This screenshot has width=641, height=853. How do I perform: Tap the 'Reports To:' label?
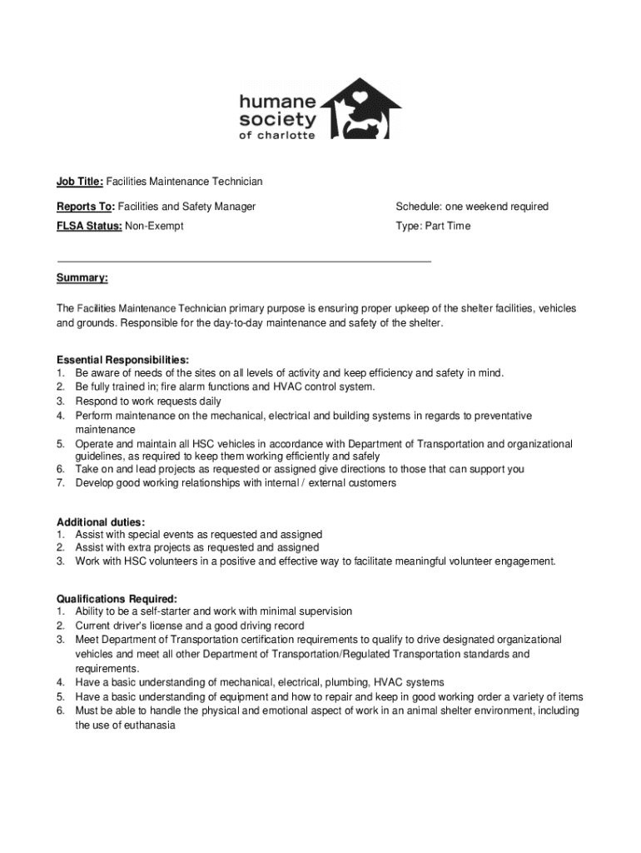pyautogui.click(x=86, y=206)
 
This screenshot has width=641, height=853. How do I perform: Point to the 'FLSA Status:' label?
pyautogui.click(x=89, y=226)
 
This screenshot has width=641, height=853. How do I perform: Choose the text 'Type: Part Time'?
pyautogui.click(x=432, y=226)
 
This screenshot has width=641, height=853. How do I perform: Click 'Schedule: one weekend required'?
pyautogui.click(x=471, y=206)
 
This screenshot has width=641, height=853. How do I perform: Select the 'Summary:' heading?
pyautogui.click(x=82, y=277)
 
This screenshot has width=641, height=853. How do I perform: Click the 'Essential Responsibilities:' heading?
pyautogui.click(x=116, y=359)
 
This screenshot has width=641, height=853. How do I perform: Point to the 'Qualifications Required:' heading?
pyautogui.click(x=116, y=598)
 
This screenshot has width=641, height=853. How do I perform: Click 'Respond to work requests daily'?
pyautogui.click(x=148, y=401)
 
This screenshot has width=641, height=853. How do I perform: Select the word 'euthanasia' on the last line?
pyautogui.click(x=150, y=725)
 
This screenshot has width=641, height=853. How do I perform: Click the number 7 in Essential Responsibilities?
pyautogui.click(x=60, y=482)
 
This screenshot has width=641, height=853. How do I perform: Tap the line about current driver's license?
pyautogui.click(x=189, y=625)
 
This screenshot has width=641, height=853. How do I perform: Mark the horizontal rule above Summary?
pyautogui.click(x=243, y=261)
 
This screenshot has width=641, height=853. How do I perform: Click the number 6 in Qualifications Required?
pyautogui.click(x=60, y=711)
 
